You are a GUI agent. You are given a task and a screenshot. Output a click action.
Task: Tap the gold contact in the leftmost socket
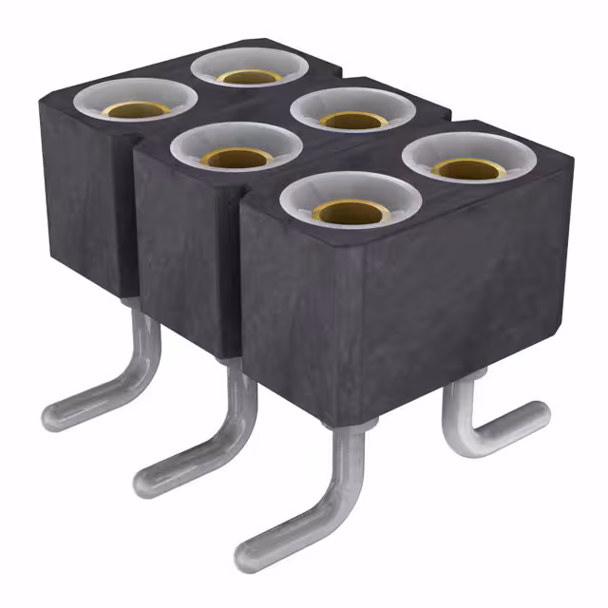[x=137, y=108]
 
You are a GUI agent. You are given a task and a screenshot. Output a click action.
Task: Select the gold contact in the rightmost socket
[x=467, y=168]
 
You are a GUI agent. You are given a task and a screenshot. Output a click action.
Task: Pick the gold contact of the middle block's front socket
[x=236, y=159]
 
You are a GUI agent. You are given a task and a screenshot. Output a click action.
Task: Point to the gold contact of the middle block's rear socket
[x=353, y=120]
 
